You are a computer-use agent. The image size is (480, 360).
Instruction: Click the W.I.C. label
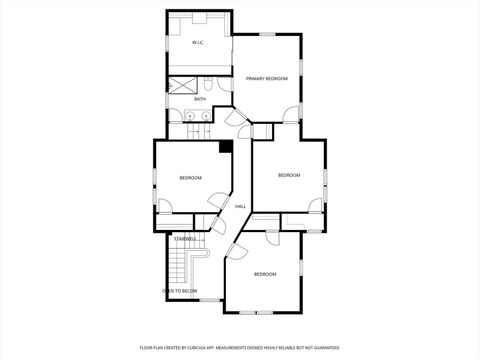(198, 43)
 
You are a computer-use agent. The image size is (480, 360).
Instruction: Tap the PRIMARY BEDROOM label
(267, 78)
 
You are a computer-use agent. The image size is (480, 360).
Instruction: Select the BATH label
(200, 99)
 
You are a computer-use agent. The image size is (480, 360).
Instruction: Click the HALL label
(241, 207)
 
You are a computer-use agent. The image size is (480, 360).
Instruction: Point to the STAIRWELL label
(185, 238)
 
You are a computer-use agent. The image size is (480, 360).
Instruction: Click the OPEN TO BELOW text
(180, 291)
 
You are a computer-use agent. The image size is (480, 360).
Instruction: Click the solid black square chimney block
(226, 146)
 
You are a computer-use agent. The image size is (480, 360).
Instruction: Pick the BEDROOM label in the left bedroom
(190, 178)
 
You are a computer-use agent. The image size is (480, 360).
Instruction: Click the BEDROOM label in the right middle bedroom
(289, 175)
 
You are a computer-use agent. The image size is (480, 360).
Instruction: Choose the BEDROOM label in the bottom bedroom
(264, 274)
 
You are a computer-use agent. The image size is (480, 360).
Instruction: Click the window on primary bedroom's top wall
(267, 34)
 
